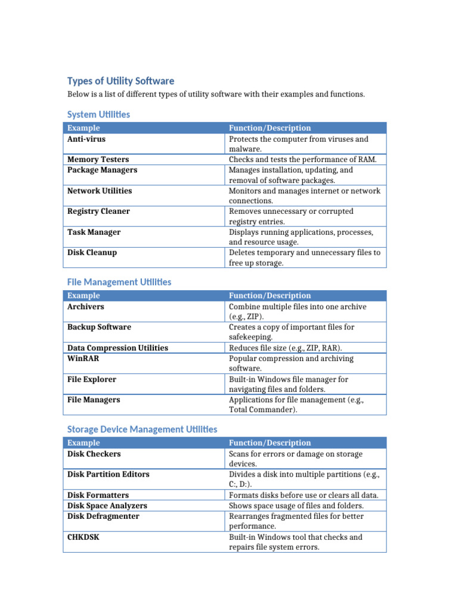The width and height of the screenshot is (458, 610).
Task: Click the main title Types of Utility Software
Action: pos(120,81)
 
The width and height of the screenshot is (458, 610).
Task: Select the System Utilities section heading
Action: pos(98,114)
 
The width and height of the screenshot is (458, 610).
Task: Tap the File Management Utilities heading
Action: pos(119,282)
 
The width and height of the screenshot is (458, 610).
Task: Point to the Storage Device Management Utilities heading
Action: pos(142,429)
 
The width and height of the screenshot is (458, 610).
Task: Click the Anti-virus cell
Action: pos(86,139)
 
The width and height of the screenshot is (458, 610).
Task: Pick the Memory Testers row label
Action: pos(98,160)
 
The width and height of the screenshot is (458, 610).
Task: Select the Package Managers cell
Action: pos(102,170)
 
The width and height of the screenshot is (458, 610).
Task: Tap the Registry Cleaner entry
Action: pos(98,211)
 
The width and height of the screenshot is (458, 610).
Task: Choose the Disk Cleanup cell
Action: pos(92,253)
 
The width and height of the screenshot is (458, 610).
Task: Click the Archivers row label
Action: pos(85,307)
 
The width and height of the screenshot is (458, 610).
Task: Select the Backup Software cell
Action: pos(99,327)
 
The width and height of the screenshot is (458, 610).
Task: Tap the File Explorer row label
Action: pos(92,379)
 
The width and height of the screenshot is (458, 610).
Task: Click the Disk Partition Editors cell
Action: pos(108,474)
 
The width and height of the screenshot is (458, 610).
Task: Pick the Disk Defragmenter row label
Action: pos(103,516)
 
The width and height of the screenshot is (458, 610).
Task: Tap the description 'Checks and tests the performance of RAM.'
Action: pos(303,160)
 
